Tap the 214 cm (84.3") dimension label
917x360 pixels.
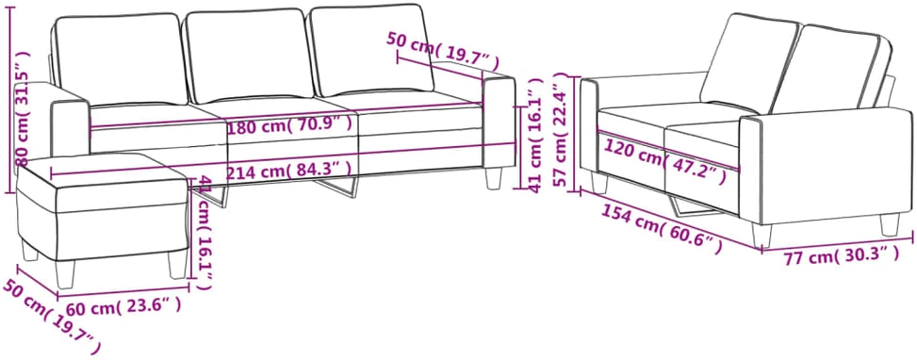tap(289, 172)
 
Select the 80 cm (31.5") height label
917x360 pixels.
tap(23, 108)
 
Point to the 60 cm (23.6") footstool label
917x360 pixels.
tap(123, 305)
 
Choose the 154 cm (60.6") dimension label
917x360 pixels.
tap(660, 232)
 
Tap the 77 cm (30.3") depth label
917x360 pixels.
tap(842, 255)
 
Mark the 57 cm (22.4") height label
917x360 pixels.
tap(562, 129)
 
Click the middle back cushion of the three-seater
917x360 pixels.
tap(249, 55)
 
